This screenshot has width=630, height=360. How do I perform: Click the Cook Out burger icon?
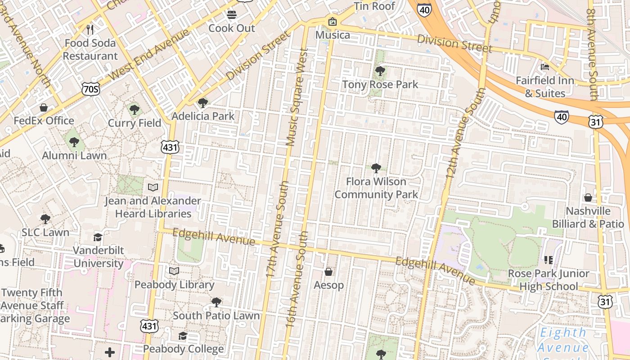point(232,15)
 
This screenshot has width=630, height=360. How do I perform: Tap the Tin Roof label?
point(374,6)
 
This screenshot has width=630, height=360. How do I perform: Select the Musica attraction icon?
point(333,22)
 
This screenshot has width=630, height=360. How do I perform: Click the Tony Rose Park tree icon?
point(380,71)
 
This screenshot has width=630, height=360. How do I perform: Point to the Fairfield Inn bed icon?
point(545,67)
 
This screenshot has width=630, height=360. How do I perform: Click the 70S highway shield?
point(90,90)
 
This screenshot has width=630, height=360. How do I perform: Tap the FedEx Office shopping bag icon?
point(44,108)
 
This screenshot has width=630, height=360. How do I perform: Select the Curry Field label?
point(135,123)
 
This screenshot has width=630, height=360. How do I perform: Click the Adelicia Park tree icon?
point(203,103)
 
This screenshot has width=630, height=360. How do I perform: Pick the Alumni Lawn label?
point(74,156)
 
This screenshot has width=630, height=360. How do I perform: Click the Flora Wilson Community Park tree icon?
point(376,168)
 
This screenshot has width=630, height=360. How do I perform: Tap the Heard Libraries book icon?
point(153,187)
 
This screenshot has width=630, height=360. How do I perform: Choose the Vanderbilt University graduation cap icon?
point(98,237)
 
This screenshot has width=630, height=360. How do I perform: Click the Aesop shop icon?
point(328,272)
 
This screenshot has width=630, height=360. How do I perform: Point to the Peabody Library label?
point(174,285)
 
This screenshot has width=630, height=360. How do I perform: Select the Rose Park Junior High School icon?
point(548,260)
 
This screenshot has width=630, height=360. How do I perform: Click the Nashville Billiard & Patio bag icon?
point(588,198)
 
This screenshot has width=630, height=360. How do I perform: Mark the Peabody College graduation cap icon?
point(183,336)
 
